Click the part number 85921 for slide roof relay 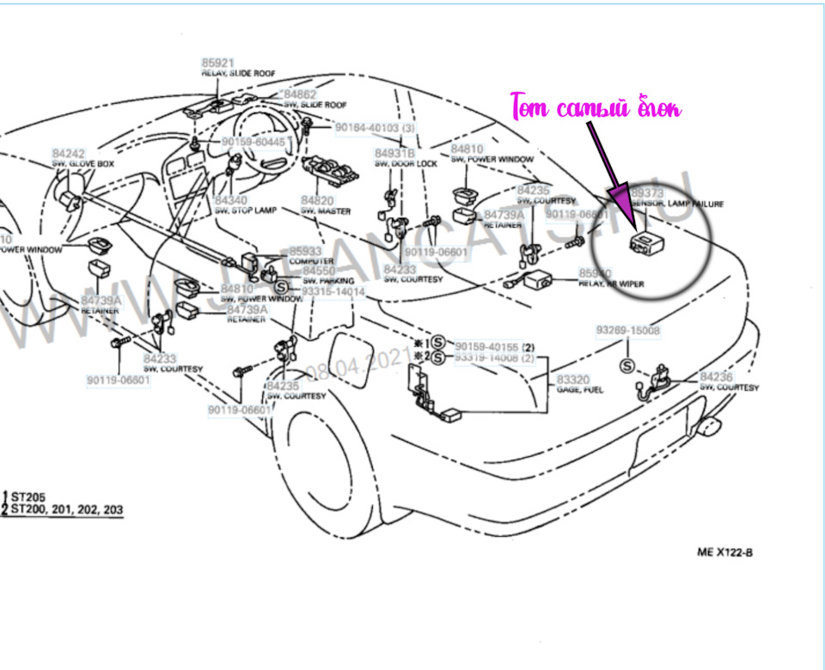[x=217, y=64]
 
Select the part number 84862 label [x=300, y=94]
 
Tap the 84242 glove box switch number [x=68, y=153]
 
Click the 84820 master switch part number [x=316, y=200]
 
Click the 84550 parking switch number [x=319, y=271]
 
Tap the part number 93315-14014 [x=333, y=292]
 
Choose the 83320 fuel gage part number [x=573, y=379]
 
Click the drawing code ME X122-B [x=724, y=552]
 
